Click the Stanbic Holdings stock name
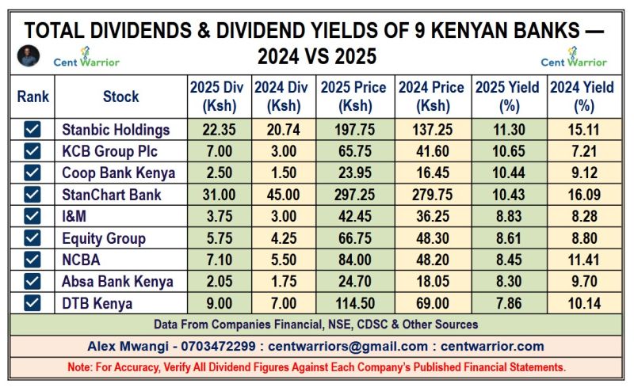(116, 130)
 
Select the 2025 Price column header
(353, 97)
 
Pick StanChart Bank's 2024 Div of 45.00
(282, 195)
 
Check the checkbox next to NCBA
(32, 260)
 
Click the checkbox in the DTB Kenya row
(32, 302)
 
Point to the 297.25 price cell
(353, 195)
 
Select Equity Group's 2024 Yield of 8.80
(583, 237)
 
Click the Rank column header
(33, 97)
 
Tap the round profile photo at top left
(28, 55)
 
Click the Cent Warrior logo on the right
(574, 56)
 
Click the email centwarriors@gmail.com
(349, 346)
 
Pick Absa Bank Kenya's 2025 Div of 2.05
(216, 281)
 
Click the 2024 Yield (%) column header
(583, 97)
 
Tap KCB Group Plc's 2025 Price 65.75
(353, 151)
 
